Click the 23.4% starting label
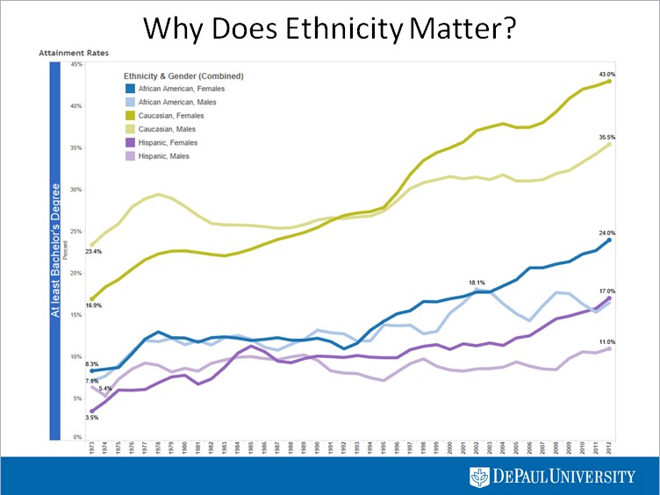coord(92,252)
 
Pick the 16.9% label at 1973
coord(92,306)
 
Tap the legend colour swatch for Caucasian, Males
coord(129,129)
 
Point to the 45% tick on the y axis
coord(75,64)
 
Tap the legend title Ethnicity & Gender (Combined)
coord(183,75)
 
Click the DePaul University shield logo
coord(478,476)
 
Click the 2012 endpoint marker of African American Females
coord(608,240)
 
